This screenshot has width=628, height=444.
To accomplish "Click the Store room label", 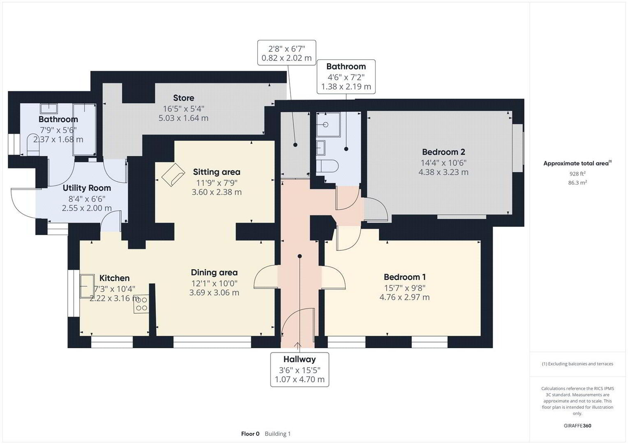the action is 184,98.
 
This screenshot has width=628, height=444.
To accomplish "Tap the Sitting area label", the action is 216,172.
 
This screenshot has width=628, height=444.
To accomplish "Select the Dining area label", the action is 214,273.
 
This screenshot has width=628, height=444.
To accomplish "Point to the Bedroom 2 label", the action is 443,152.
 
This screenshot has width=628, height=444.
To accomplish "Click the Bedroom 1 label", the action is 405,277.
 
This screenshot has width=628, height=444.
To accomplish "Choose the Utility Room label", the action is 87,188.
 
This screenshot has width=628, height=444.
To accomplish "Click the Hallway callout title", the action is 299,359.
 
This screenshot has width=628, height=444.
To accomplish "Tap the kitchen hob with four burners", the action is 141,304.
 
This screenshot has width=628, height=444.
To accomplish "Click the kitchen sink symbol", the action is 87,286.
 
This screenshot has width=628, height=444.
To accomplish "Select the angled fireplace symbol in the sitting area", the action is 173,175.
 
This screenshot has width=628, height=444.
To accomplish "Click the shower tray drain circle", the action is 325,125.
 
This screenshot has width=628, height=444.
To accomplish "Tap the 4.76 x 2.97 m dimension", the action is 404,297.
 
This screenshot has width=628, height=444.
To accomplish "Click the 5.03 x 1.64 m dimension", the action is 183,118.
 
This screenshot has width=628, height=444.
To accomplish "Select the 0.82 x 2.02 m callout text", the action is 287,58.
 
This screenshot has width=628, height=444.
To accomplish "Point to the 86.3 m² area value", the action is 577,183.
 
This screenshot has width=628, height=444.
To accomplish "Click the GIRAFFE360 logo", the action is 577,426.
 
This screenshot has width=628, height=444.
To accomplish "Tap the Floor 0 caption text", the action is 250,434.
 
